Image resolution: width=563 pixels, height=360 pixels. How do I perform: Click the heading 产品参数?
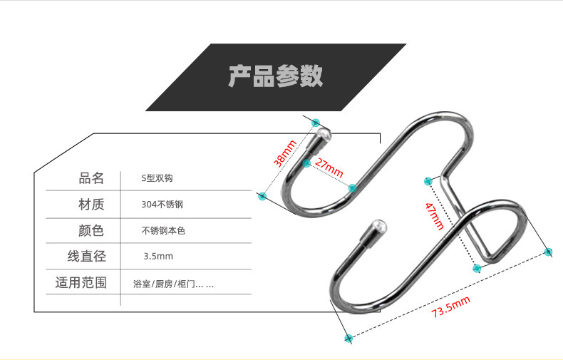[x=275, y=76]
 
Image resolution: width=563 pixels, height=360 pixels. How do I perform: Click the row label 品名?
[x=91, y=178]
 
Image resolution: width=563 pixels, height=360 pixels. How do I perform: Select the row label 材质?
[x=91, y=205]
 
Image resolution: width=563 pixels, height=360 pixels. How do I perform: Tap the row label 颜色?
[x=91, y=230]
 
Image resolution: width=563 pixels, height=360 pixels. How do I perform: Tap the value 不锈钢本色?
[x=163, y=231]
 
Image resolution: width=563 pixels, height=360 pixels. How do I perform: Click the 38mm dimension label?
[x=284, y=154]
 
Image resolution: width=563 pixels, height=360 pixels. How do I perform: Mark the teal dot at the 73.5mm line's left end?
[x=348, y=337]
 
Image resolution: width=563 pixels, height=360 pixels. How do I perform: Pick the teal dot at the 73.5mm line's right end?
[x=548, y=251]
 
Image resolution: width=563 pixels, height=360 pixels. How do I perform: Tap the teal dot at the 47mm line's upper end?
[x=428, y=180]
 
